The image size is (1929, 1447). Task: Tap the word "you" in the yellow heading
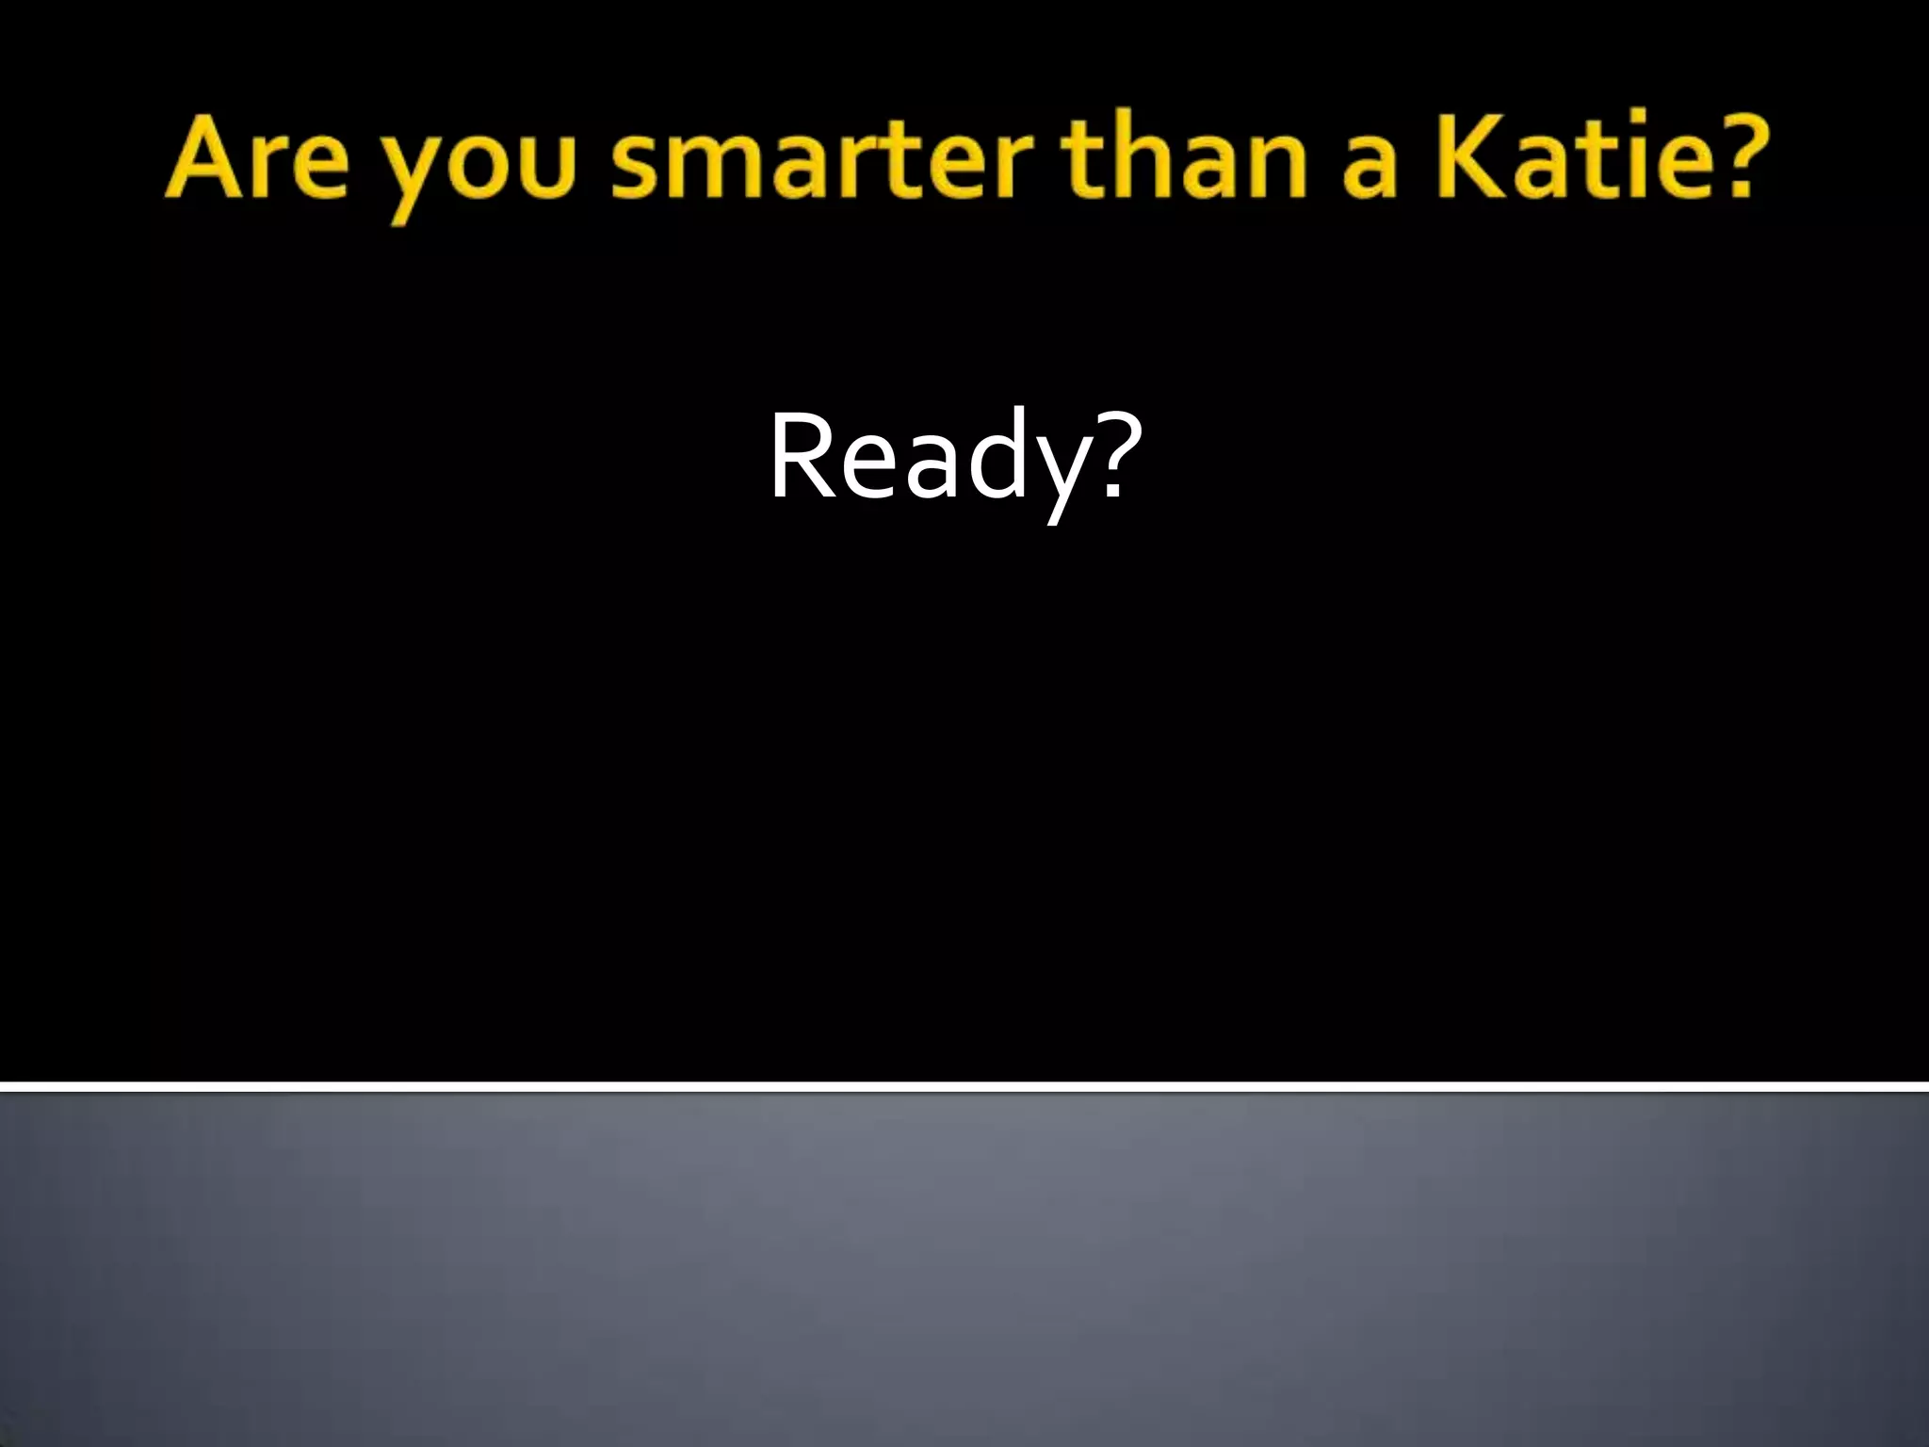(x=480, y=170)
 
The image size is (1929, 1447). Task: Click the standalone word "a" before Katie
(x=1367, y=170)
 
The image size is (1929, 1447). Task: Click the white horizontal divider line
(x=964, y=1087)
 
